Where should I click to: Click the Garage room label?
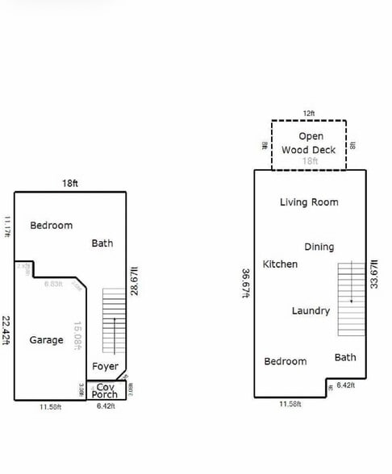click(46, 340)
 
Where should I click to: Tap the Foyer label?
click(105, 366)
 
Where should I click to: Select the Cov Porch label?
click(104, 391)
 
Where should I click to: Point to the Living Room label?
click(309, 202)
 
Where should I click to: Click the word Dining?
click(319, 247)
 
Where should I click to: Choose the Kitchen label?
click(280, 264)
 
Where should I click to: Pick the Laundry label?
click(311, 310)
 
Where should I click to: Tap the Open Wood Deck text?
click(310, 143)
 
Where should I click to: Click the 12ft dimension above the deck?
click(309, 113)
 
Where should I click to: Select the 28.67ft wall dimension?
click(136, 281)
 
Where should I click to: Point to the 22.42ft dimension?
click(6, 330)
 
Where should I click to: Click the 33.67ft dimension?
click(373, 274)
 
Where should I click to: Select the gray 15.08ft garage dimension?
click(77, 336)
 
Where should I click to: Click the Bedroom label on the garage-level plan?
click(51, 226)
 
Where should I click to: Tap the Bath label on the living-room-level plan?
click(345, 357)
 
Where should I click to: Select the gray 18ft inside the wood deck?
click(310, 161)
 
